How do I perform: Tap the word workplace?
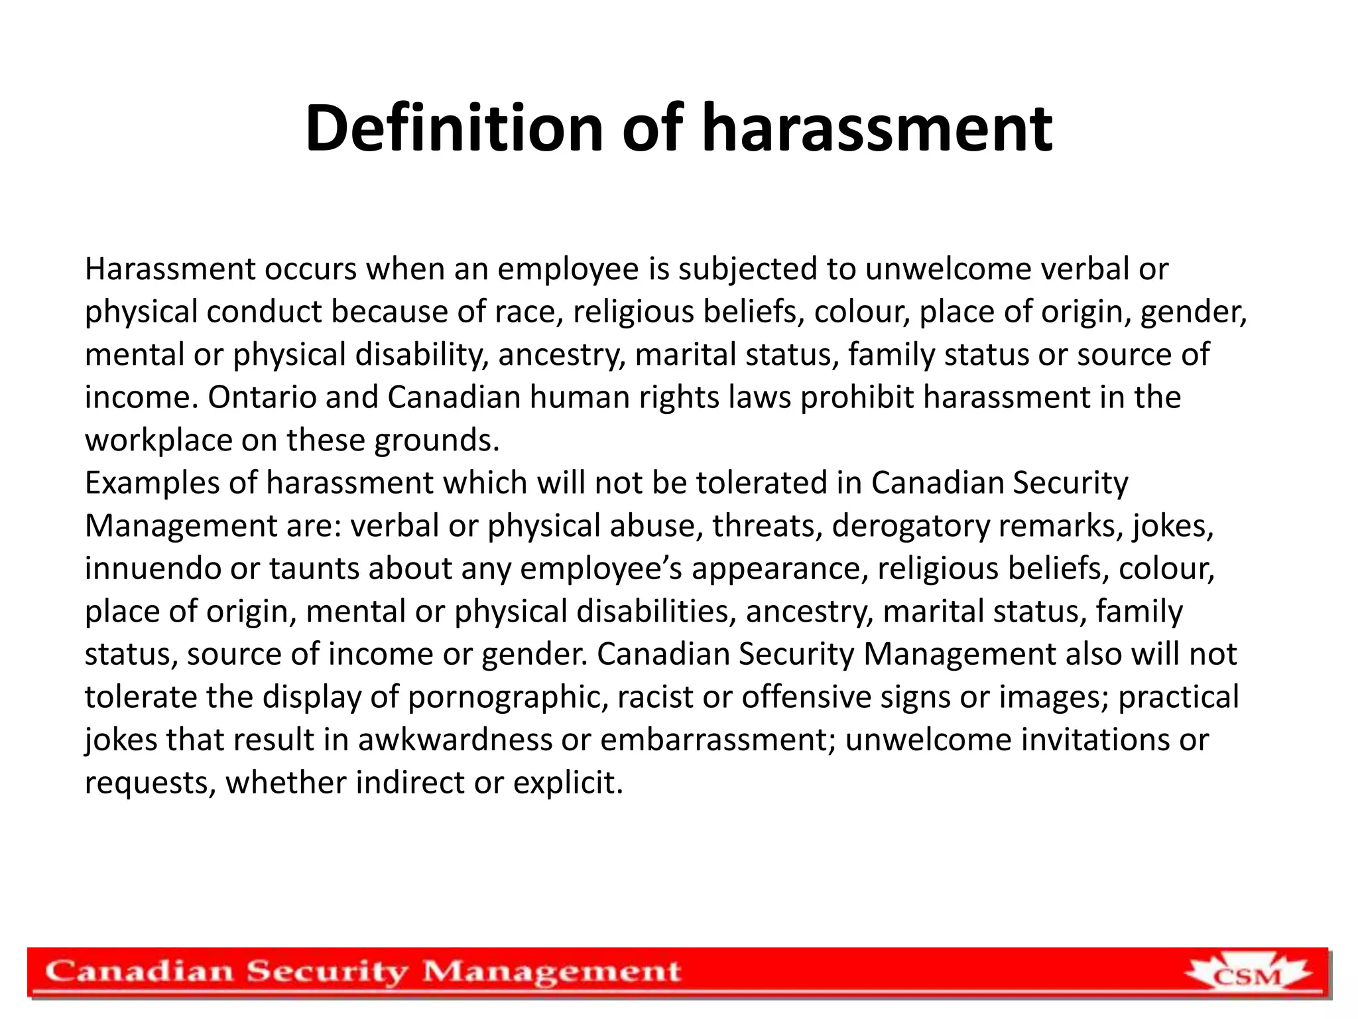(158, 441)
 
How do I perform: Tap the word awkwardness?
(455, 740)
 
